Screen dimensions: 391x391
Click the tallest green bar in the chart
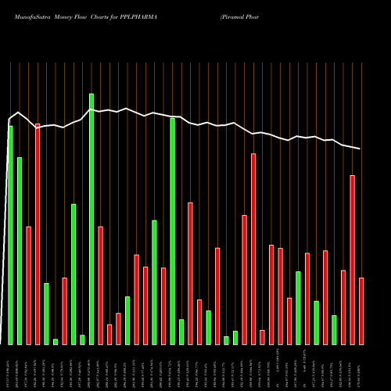(91, 219)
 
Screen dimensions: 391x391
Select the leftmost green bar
(10, 235)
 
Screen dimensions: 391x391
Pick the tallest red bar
(38, 234)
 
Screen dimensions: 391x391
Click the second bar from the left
(20, 250)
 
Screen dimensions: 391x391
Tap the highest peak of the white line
(91, 109)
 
